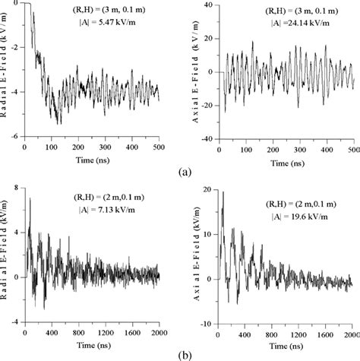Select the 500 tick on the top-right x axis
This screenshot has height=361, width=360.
click(353, 147)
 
